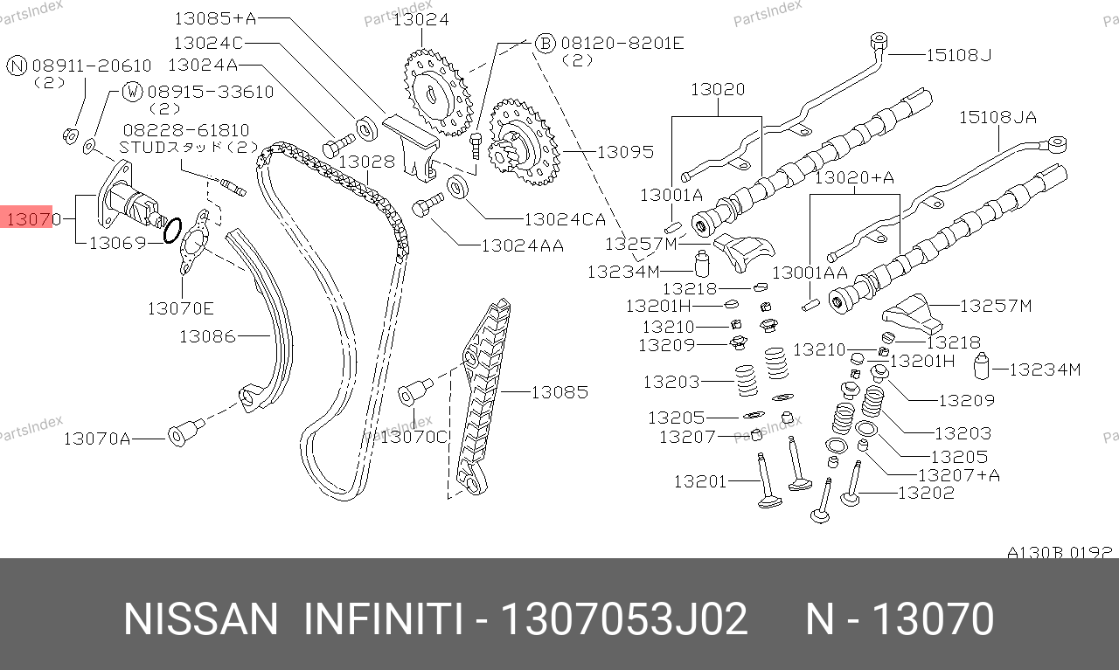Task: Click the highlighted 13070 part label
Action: (33, 219)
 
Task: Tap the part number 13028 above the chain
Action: (367, 162)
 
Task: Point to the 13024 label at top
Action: (421, 19)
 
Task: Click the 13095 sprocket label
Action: (625, 152)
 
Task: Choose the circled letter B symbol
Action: (545, 44)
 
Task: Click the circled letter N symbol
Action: (17, 66)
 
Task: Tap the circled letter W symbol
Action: (132, 92)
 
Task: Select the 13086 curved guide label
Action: (207, 336)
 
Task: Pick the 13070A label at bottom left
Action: (97, 439)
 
